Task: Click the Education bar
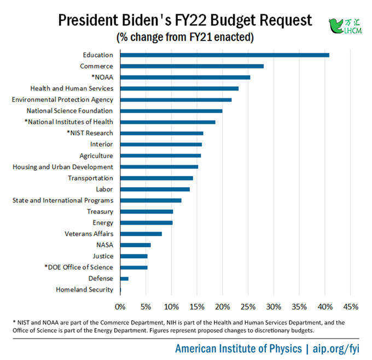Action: [x=225, y=55]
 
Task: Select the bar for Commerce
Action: [x=192, y=66]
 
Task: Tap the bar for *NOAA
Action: [x=185, y=77]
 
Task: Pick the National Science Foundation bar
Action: [x=171, y=111]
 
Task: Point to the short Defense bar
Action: [x=124, y=278]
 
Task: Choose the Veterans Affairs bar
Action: [x=141, y=234]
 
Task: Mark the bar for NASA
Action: [x=136, y=245]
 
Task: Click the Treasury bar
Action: [x=147, y=212]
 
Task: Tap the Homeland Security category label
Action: [x=84, y=290]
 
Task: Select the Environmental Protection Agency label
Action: [x=62, y=100]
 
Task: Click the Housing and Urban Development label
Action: [x=63, y=167]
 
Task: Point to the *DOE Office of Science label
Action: [x=79, y=267]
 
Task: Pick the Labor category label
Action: [x=104, y=189]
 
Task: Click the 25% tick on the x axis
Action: [x=248, y=307]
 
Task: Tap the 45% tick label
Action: [x=351, y=307]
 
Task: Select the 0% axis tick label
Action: [x=120, y=307]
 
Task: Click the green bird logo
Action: [x=336, y=26]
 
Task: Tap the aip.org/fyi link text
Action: [x=336, y=349]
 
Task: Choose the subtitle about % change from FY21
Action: [x=185, y=37]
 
